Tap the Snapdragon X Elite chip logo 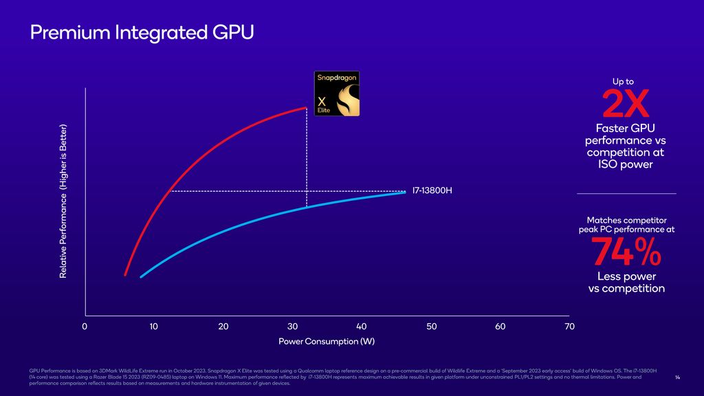pos(337,93)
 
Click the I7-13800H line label pos(432,190)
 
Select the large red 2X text pos(626,105)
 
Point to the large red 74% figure pos(626,252)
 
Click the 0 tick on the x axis pos(85,327)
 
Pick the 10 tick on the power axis pos(153,327)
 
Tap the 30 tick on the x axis pos(292,327)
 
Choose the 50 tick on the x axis pos(431,327)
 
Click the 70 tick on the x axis pos(569,327)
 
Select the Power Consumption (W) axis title pos(327,342)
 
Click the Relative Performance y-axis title pos(63,201)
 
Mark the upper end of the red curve pos(306,108)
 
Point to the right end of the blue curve pos(404,192)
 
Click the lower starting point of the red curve pos(125,275)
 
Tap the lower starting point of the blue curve pos(141,276)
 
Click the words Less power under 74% pos(626,276)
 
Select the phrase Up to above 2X pos(623,82)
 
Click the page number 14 pos(677,377)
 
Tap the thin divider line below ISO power pos(626,194)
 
